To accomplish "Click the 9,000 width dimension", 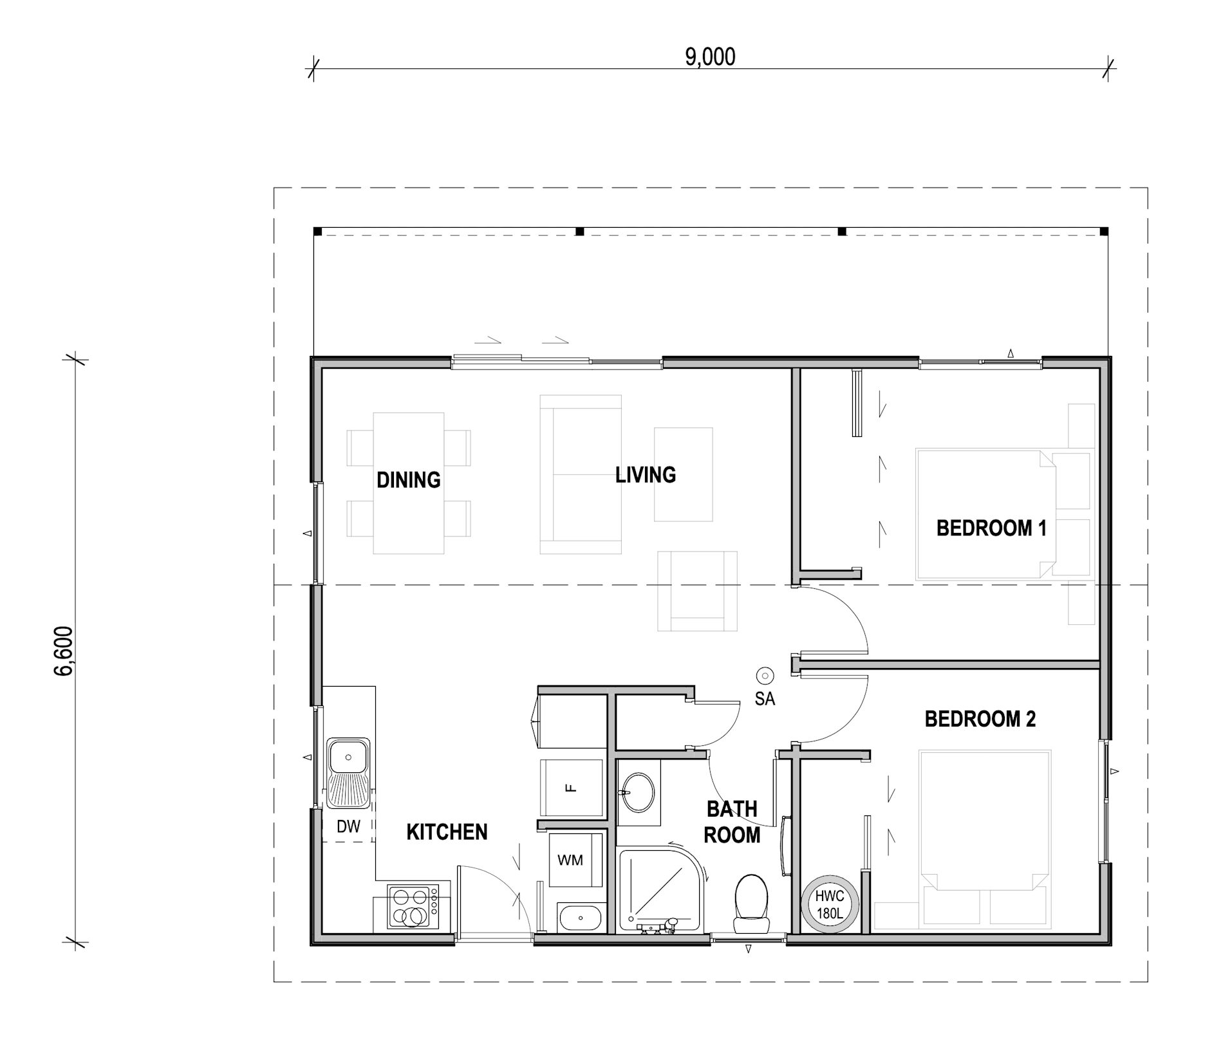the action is pyautogui.click(x=710, y=57).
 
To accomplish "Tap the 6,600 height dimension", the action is pyautogui.click(x=65, y=651).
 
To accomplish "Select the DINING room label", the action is pyautogui.click(x=409, y=480).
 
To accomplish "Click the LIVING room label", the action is pyautogui.click(x=646, y=475).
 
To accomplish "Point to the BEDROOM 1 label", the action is pyautogui.click(x=991, y=528).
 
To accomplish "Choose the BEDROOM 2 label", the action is pyautogui.click(x=980, y=719).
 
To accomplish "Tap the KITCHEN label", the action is pyautogui.click(x=447, y=832).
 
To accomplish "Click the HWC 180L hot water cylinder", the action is pyautogui.click(x=830, y=904).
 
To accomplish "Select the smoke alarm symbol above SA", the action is pyautogui.click(x=765, y=676).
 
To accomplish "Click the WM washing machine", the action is pyautogui.click(x=571, y=860).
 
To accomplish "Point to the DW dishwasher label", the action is pyautogui.click(x=349, y=827).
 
